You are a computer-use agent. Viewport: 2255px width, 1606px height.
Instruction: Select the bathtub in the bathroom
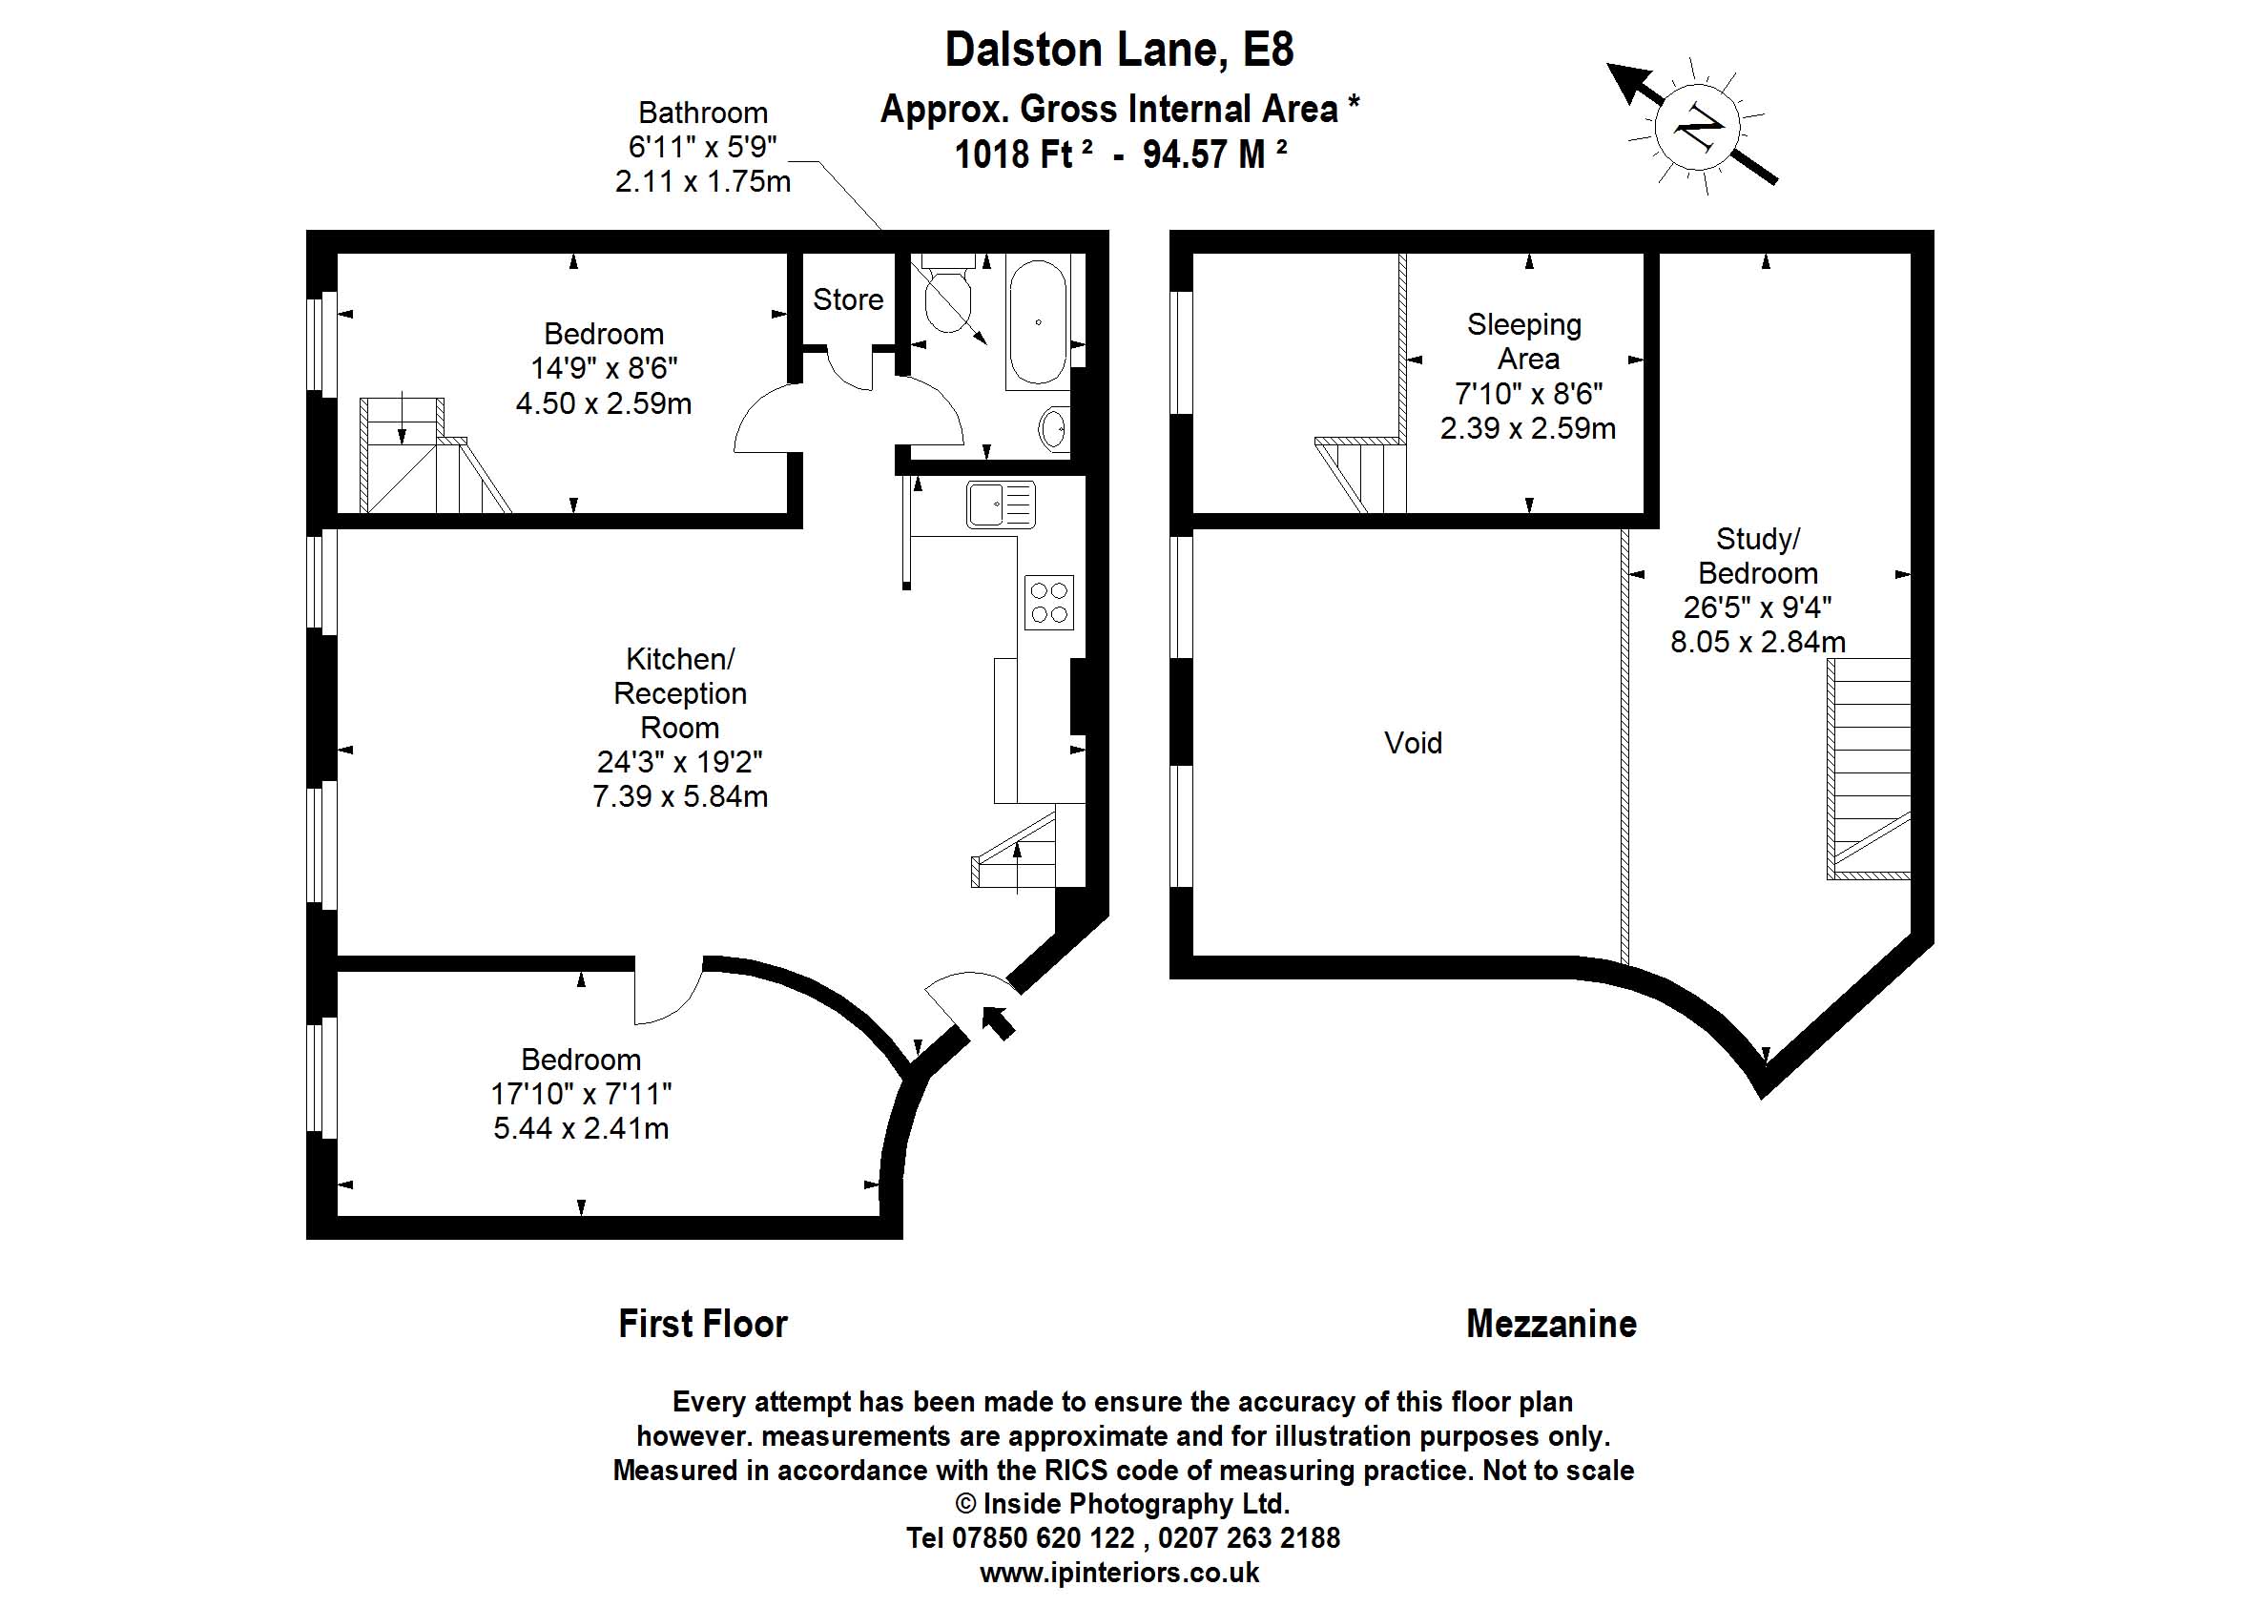pyautogui.click(x=1037, y=322)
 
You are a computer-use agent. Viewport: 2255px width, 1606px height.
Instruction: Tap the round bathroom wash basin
pyautogui.click(x=1053, y=429)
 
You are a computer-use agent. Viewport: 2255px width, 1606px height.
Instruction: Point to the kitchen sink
pyautogui.click(x=1000, y=504)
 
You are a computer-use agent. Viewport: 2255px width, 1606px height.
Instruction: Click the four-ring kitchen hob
pyautogui.click(x=1048, y=603)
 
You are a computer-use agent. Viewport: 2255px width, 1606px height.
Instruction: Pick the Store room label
pyautogui.click(x=848, y=299)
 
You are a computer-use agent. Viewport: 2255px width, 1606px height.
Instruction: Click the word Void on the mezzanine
pyautogui.click(x=1413, y=743)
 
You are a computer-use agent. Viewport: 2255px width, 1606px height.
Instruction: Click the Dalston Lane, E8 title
pyautogui.click(x=1119, y=50)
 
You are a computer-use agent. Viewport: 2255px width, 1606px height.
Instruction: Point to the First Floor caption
pyautogui.click(x=702, y=1324)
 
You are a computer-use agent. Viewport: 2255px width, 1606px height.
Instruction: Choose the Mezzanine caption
pyautogui.click(x=1551, y=1324)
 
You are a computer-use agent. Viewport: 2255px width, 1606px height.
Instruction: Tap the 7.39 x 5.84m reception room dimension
pyautogui.click(x=679, y=796)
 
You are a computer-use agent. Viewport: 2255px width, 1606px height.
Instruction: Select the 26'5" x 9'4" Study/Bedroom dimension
pyautogui.click(x=1757, y=607)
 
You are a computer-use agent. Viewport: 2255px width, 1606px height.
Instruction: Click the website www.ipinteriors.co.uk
pyautogui.click(x=1120, y=1573)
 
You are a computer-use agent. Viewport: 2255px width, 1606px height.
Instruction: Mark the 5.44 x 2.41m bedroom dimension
pyautogui.click(x=581, y=1128)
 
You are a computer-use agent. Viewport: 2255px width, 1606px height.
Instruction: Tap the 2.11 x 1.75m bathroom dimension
pyautogui.click(x=702, y=182)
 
